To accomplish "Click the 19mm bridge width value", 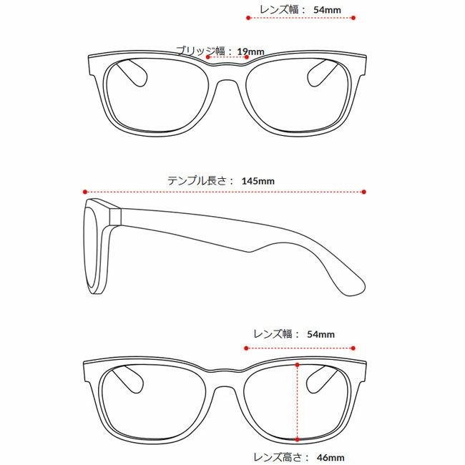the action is (x=250, y=52).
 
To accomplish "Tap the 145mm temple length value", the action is (x=258, y=181).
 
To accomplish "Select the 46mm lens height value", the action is (x=331, y=457).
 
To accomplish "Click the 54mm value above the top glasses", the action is (x=327, y=10).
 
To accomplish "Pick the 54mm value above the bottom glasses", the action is (x=320, y=334).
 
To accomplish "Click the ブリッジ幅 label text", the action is (x=201, y=52).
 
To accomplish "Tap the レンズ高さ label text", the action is (x=278, y=457).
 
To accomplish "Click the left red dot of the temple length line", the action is (x=85, y=192).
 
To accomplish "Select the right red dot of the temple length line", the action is (x=364, y=192).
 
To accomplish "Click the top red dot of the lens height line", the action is (x=298, y=365).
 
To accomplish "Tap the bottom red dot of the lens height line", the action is (x=298, y=439).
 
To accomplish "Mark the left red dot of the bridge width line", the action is (x=208, y=57).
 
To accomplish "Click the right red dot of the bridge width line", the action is (x=246, y=57).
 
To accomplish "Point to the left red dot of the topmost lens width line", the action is (x=248, y=18).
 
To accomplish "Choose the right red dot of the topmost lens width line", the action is (x=353, y=18).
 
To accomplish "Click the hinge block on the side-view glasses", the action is (x=115, y=217).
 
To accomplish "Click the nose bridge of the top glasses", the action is (x=227, y=74).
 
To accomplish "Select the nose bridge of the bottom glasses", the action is (x=225, y=381).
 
